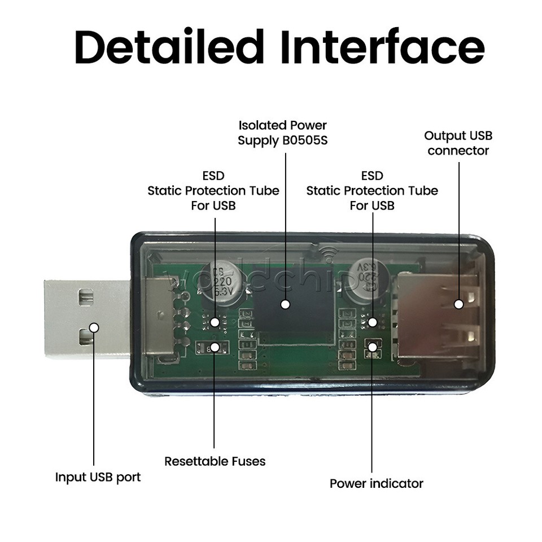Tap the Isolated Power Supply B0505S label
tap(282, 133)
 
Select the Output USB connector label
tap(458, 143)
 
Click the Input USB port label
tap(98, 477)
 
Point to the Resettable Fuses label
tap(215, 461)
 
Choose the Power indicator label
tap(376, 483)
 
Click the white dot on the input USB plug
tap(94, 327)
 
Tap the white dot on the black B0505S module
tap(286, 304)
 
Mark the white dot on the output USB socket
tap(458, 304)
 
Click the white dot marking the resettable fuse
tap(215, 348)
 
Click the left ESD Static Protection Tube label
tap(213, 191)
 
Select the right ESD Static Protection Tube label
tap(372, 191)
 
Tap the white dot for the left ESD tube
tap(215, 322)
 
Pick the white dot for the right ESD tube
tap(372, 322)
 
